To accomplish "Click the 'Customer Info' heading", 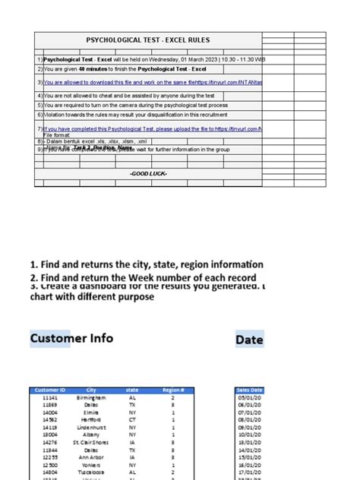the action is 71,338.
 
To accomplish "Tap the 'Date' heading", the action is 249,339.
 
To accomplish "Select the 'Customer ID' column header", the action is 50,390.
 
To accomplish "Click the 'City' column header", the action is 91,390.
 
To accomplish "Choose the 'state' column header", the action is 132,390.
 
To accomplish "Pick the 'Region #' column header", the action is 173,390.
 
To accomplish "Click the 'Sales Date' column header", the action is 250,390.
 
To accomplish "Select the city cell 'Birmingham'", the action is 90,397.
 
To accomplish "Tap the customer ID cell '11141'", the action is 50,397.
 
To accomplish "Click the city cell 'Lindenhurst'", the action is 90,428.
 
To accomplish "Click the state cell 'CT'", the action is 132,420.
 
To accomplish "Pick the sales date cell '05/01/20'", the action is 250,397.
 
